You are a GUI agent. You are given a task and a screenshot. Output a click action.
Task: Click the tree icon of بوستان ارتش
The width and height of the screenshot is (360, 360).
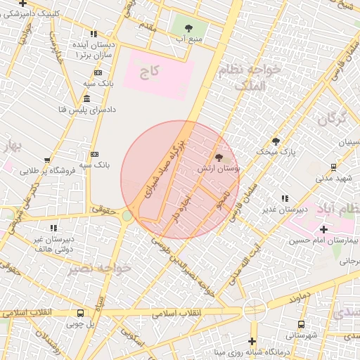click(219, 157)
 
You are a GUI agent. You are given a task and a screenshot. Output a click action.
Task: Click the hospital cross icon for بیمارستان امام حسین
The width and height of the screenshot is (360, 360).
click(323, 229)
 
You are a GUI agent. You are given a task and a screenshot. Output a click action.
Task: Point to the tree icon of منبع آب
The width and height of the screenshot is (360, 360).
click(188, 28)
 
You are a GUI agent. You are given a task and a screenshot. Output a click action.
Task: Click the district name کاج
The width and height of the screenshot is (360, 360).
click(150, 71)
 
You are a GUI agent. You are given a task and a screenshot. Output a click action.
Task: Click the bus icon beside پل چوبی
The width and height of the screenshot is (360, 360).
click(79, 314)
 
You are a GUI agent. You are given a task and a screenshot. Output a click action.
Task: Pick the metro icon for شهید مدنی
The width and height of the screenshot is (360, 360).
click(333, 167)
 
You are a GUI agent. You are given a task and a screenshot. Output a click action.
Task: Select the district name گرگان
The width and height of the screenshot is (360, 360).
click(332, 120)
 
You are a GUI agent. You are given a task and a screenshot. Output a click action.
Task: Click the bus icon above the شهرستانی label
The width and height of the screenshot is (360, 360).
click(301, 325)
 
